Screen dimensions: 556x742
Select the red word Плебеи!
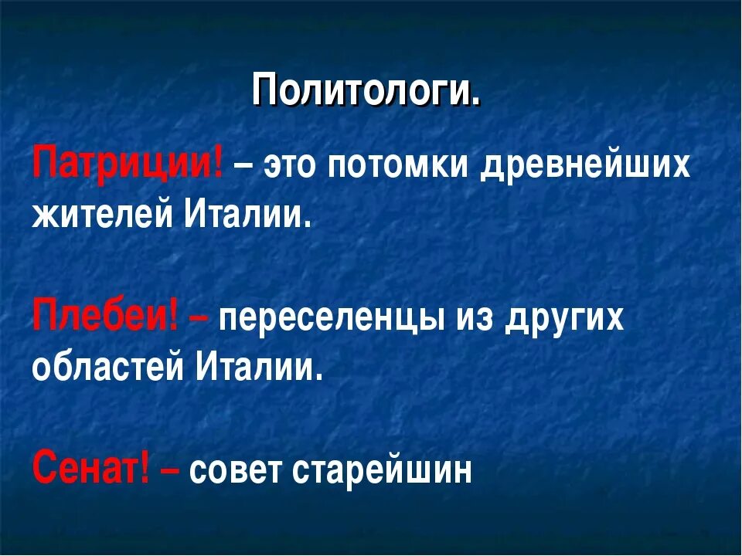click(105, 317)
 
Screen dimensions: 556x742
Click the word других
click(563, 319)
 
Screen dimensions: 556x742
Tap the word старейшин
click(382, 470)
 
